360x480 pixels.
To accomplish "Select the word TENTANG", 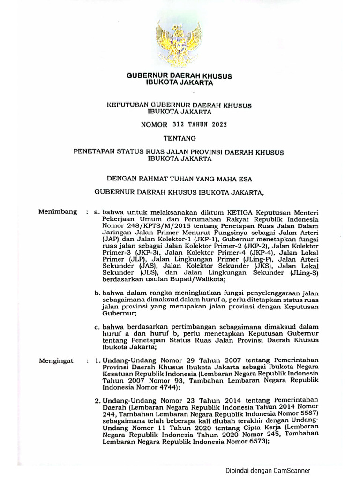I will [179, 138].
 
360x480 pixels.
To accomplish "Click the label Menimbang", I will [58, 212].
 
